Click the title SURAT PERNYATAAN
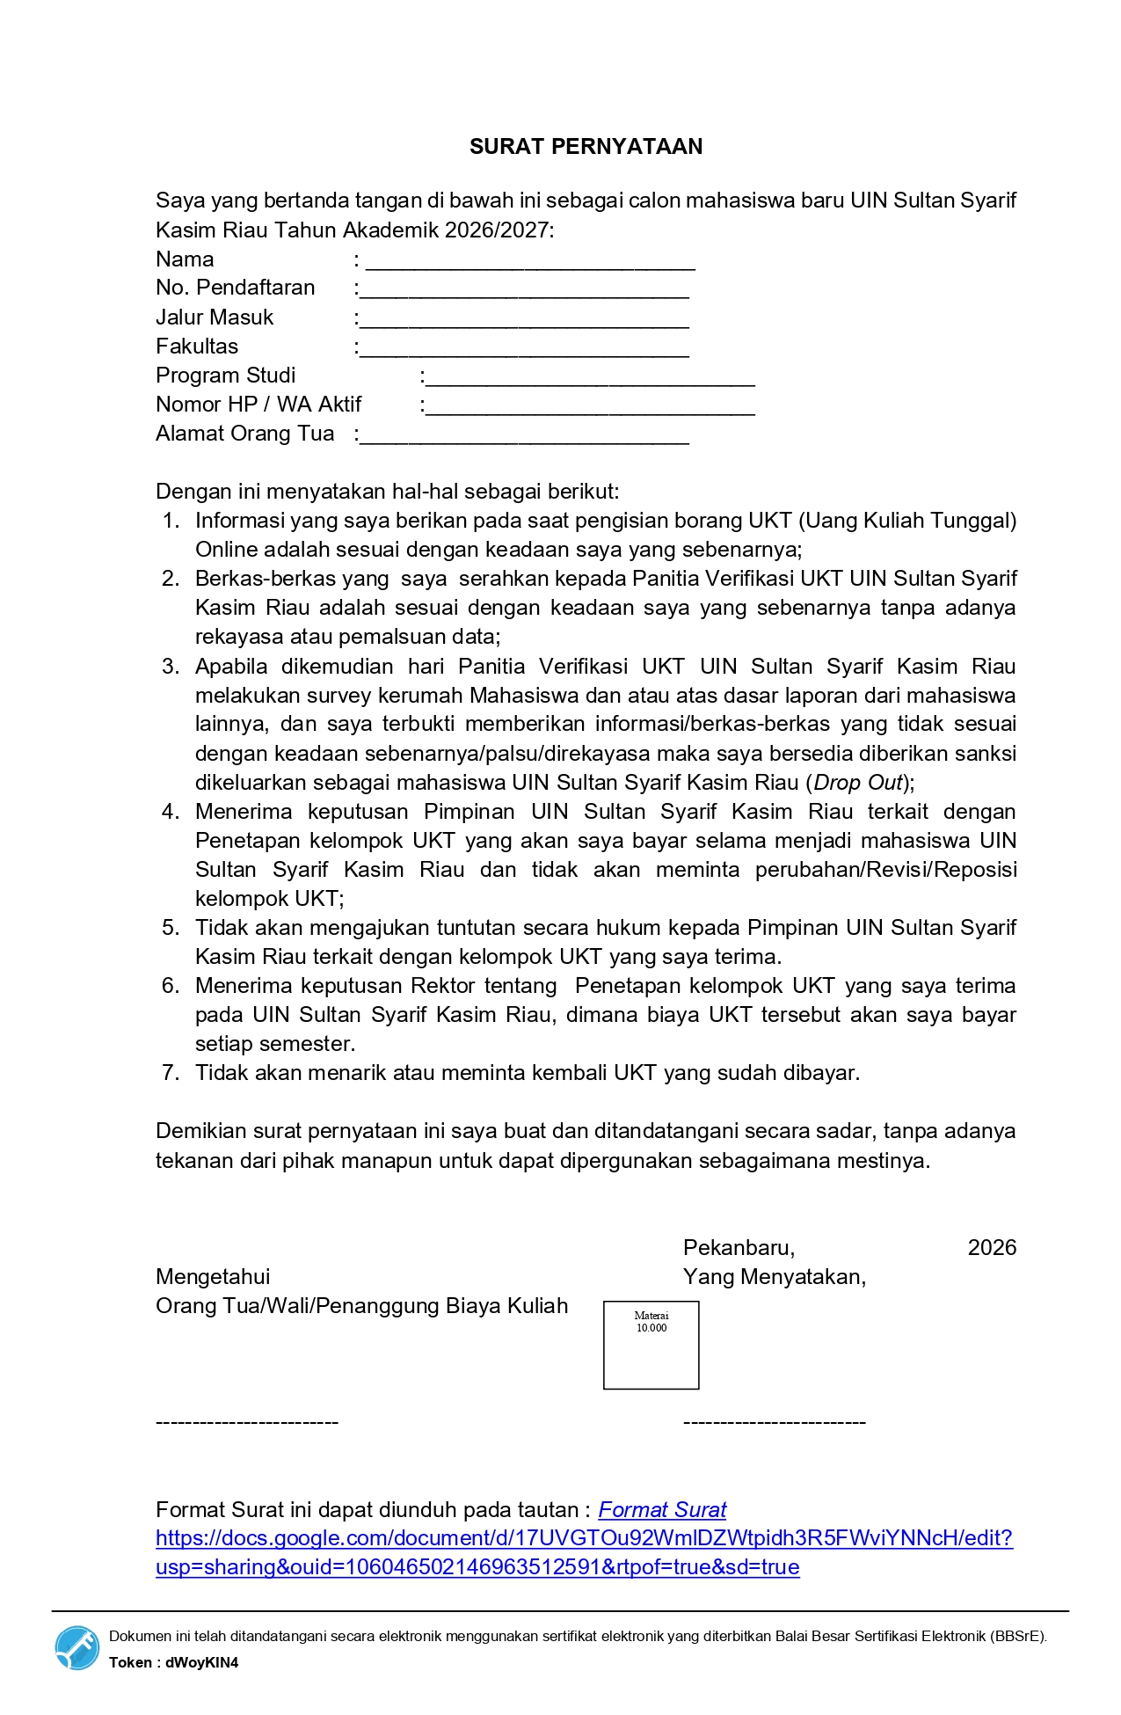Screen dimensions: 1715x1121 pyautogui.click(x=586, y=147)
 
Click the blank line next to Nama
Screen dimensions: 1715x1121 pyautogui.click(x=530, y=262)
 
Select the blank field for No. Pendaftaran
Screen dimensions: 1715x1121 pyautogui.click(x=524, y=291)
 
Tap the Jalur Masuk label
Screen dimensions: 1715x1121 pyautogui.click(x=215, y=317)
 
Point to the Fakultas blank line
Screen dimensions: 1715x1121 pyautogui.click(x=524, y=349)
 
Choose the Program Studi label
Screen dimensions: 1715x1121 pyautogui.click(x=225, y=376)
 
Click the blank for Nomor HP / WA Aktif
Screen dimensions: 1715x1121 pyautogui.click(x=590, y=407)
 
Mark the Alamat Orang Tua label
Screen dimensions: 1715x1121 pyautogui.click(x=244, y=434)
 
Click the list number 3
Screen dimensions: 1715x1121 pyautogui.click(x=171, y=667)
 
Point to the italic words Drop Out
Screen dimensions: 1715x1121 pyautogui.click(x=858, y=783)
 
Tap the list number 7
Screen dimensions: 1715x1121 pyautogui.click(x=171, y=1073)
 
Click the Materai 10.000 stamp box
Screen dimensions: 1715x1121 pyautogui.click(x=651, y=1346)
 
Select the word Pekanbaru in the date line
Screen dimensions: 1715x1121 pyautogui.click(x=739, y=1248)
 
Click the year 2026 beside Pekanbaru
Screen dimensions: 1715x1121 pyautogui.click(x=992, y=1248)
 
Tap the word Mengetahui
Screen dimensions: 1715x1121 pyautogui.click(x=213, y=1277)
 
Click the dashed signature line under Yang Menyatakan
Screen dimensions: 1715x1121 pyautogui.click(x=774, y=1422)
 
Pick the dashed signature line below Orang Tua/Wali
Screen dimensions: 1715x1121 pyautogui.click(x=247, y=1422)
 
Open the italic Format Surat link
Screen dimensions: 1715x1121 pyautogui.click(x=662, y=1510)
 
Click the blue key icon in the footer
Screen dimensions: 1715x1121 pyautogui.click(x=77, y=1647)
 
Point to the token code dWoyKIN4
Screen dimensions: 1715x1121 pyautogui.click(x=201, y=1662)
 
